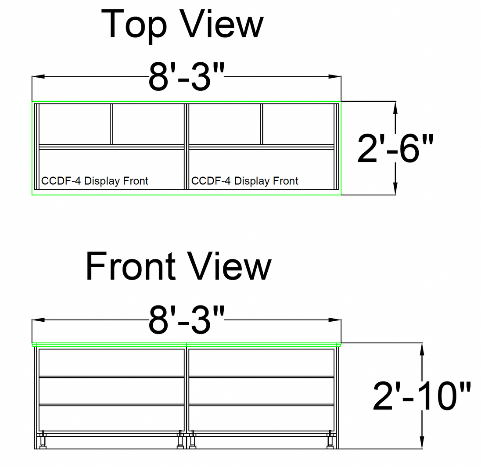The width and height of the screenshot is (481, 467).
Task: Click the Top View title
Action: (182, 25)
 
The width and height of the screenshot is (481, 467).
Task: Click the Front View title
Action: (179, 266)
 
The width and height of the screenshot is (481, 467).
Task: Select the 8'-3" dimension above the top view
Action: (187, 76)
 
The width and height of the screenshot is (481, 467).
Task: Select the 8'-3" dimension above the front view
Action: (187, 320)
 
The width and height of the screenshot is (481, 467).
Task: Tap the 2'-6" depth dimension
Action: (395, 149)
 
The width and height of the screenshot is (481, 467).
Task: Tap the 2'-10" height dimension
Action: (422, 396)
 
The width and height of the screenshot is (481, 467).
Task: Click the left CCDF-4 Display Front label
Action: (94, 181)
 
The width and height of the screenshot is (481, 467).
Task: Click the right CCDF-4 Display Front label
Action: (244, 181)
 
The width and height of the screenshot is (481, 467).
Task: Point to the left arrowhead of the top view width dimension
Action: (38, 76)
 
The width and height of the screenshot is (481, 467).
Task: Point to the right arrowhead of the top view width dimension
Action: (335, 76)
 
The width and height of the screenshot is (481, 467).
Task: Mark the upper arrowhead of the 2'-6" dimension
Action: (395, 108)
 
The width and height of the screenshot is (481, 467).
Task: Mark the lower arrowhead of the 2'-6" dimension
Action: (395, 188)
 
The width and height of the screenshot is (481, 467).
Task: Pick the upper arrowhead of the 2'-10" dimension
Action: (422, 349)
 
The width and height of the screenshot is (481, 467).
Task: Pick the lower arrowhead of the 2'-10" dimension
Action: (422, 442)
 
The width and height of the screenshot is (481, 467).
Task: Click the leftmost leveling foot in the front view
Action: (43, 440)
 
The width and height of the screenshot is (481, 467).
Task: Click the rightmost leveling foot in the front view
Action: (330, 440)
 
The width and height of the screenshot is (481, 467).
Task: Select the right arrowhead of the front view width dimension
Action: (335, 320)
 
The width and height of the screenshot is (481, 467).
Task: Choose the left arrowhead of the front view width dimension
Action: (38, 320)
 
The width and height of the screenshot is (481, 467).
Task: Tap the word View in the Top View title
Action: (222, 24)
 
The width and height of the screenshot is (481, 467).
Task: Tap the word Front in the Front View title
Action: (131, 266)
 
